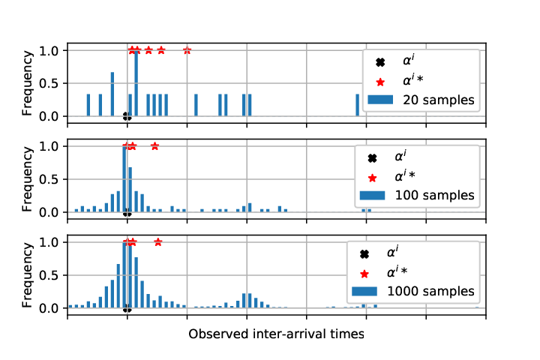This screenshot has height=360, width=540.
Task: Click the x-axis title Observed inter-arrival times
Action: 276,334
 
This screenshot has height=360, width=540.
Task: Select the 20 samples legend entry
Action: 421,100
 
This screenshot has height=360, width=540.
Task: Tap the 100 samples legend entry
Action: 417,195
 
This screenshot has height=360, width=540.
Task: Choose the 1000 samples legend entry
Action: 413,292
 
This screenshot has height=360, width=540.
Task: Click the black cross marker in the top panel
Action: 127,116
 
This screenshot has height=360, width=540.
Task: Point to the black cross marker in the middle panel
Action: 127,212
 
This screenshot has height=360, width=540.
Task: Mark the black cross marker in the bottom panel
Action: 127,308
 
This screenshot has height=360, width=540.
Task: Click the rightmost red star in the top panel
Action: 187,50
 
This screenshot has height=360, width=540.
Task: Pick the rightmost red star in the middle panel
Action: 155,146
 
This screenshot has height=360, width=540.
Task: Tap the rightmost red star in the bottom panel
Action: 158,242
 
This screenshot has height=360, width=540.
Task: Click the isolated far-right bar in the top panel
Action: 358,105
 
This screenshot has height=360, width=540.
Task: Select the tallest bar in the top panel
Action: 136,83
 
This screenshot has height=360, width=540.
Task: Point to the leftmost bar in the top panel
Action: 88,105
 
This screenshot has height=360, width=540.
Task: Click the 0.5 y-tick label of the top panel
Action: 48,84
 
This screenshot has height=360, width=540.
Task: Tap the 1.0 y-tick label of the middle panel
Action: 48,146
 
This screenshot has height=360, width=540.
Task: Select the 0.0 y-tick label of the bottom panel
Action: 48,308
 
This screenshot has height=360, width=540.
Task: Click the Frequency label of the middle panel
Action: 27,179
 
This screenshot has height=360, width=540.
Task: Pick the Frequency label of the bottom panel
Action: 27,275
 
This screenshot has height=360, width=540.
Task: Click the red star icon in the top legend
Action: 380,82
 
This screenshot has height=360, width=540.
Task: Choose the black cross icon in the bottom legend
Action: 364,254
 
